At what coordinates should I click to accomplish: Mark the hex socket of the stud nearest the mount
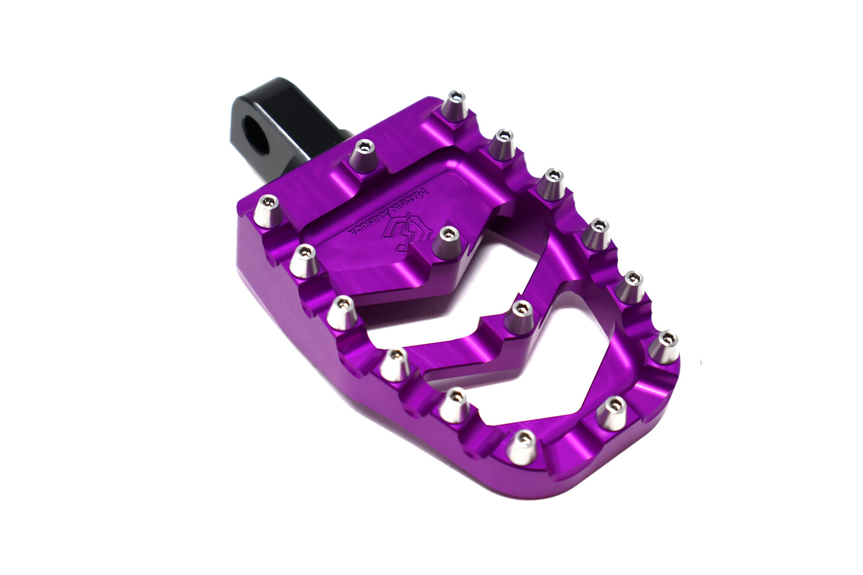364,146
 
